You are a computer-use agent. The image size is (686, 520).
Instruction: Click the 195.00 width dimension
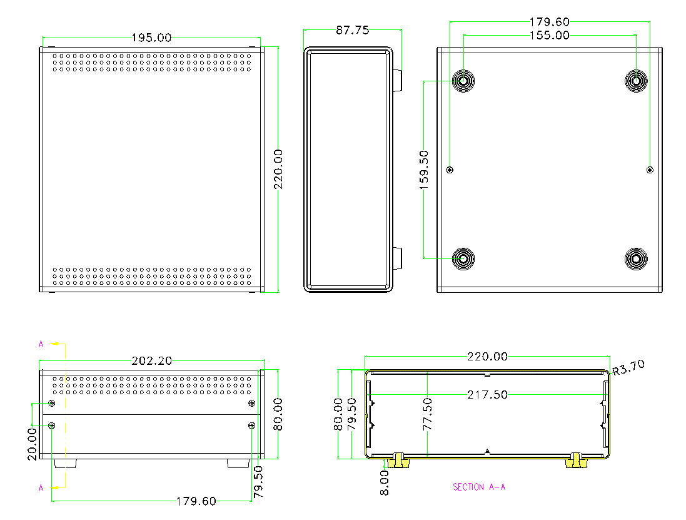[x=151, y=38]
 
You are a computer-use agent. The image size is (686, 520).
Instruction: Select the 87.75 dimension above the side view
[x=352, y=30]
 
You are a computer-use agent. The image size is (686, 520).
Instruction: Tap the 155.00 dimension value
[x=550, y=36]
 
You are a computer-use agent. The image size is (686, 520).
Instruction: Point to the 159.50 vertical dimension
[x=424, y=170]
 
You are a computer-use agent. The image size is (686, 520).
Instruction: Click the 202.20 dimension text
[x=152, y=360]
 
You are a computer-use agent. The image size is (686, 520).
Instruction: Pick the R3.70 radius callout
[x=628, y=368]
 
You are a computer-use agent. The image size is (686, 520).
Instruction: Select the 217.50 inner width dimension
[x=487, y=395]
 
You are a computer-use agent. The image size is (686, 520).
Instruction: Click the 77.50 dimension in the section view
[x=428, y=414]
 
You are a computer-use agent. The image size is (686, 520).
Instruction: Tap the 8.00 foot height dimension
[x=385, y=483]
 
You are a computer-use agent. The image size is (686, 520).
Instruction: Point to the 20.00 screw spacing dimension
[x=33, y=444]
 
